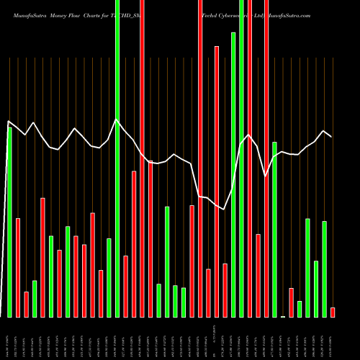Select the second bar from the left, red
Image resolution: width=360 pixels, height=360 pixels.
click(x=18, y=267)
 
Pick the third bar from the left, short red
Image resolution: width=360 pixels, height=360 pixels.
click(x=27, y=305)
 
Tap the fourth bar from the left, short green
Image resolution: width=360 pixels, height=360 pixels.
click(x=35, y=299)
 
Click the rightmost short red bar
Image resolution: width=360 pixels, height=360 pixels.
click(x=333, y=312)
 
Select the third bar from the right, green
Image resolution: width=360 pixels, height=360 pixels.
click(x=316, y=289)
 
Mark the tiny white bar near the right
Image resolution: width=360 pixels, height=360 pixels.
click(x=283, y=316)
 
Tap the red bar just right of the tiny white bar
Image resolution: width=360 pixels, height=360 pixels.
click(x=292, y=302)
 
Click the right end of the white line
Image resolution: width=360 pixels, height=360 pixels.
click(x=331, y=136)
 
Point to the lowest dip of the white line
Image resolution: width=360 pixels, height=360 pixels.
click(x=225, y=210)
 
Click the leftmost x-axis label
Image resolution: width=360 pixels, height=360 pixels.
click(x=8, y=338)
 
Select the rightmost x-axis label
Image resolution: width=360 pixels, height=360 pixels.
click(x=333, y=338)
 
